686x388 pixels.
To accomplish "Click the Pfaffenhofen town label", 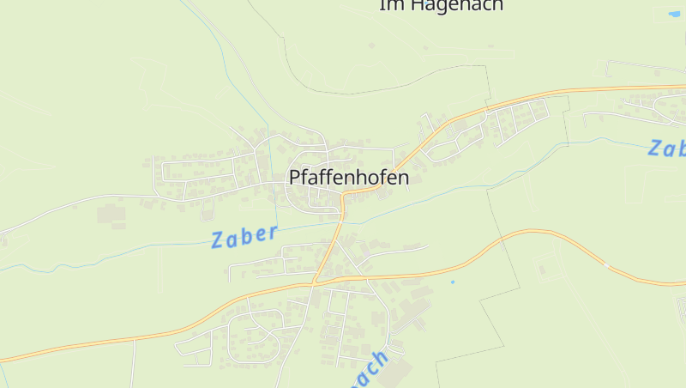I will (349, 179).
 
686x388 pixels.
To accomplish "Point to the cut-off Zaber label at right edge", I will (667, 148).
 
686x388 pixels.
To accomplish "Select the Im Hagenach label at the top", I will (441, 5).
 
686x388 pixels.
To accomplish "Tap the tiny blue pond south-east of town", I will (452, 282).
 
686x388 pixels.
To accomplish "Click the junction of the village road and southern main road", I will (315, 282).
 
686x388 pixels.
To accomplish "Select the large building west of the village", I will (110, 213).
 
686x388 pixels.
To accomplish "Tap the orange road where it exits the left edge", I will (3, 360).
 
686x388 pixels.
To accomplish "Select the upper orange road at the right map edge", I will (683, 86).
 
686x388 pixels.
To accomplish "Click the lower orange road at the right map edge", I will (683, 282).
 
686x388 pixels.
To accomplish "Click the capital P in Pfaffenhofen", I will (295, 179).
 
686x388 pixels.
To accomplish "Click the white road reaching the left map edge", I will (3, 232).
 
